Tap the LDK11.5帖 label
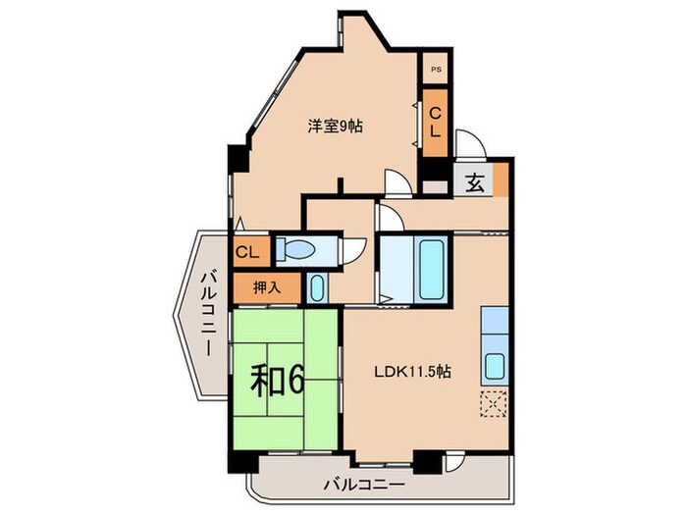[410, 373]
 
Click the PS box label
[435, 71]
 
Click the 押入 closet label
[260, 287]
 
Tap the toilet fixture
[295, 250]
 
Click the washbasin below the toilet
[316, 288]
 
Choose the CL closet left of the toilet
[246, 252]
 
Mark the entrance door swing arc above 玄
[470, 144]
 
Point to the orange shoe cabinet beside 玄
[501, 180]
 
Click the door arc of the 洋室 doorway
[396, 184]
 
